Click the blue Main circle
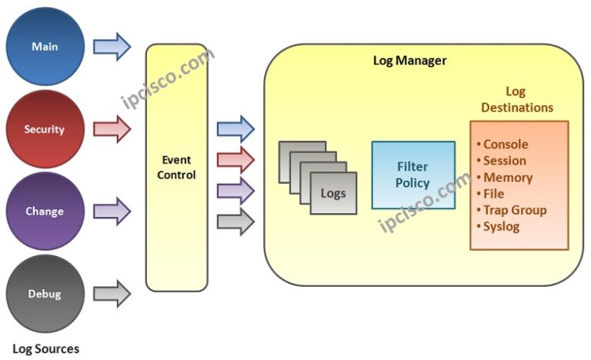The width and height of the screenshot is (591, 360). (x=45, y=46)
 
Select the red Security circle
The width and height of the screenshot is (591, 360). (x=45, y=129)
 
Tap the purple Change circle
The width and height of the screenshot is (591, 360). (x=45, y=212)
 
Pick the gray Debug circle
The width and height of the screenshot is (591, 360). (x=45, y=294)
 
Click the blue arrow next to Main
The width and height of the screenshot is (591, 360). (x=112, y=46)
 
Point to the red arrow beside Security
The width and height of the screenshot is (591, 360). (x=112, y=129)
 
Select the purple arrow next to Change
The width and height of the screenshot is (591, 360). (x=112, y=210)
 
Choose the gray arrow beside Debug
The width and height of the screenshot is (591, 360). (x=112, y=293)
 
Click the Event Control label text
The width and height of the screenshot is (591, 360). (x=177, y=168)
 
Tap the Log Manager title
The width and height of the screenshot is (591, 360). (x=409, y=60)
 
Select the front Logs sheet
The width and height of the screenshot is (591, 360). (x=333, y=192)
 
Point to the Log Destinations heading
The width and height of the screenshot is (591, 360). (x=517, y=100)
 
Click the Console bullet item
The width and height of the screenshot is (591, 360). (x=505, y=145)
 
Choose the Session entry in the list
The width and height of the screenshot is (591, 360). (x=504, y=161)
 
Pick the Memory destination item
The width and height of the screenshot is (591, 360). (x=507, y=178)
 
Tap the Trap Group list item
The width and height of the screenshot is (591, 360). (x=514, y=210)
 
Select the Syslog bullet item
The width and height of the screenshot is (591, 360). (x=501, y=226)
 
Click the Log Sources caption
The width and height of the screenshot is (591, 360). (x=45, y=348)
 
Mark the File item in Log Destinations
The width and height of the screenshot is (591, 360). (x=493, y=194)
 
